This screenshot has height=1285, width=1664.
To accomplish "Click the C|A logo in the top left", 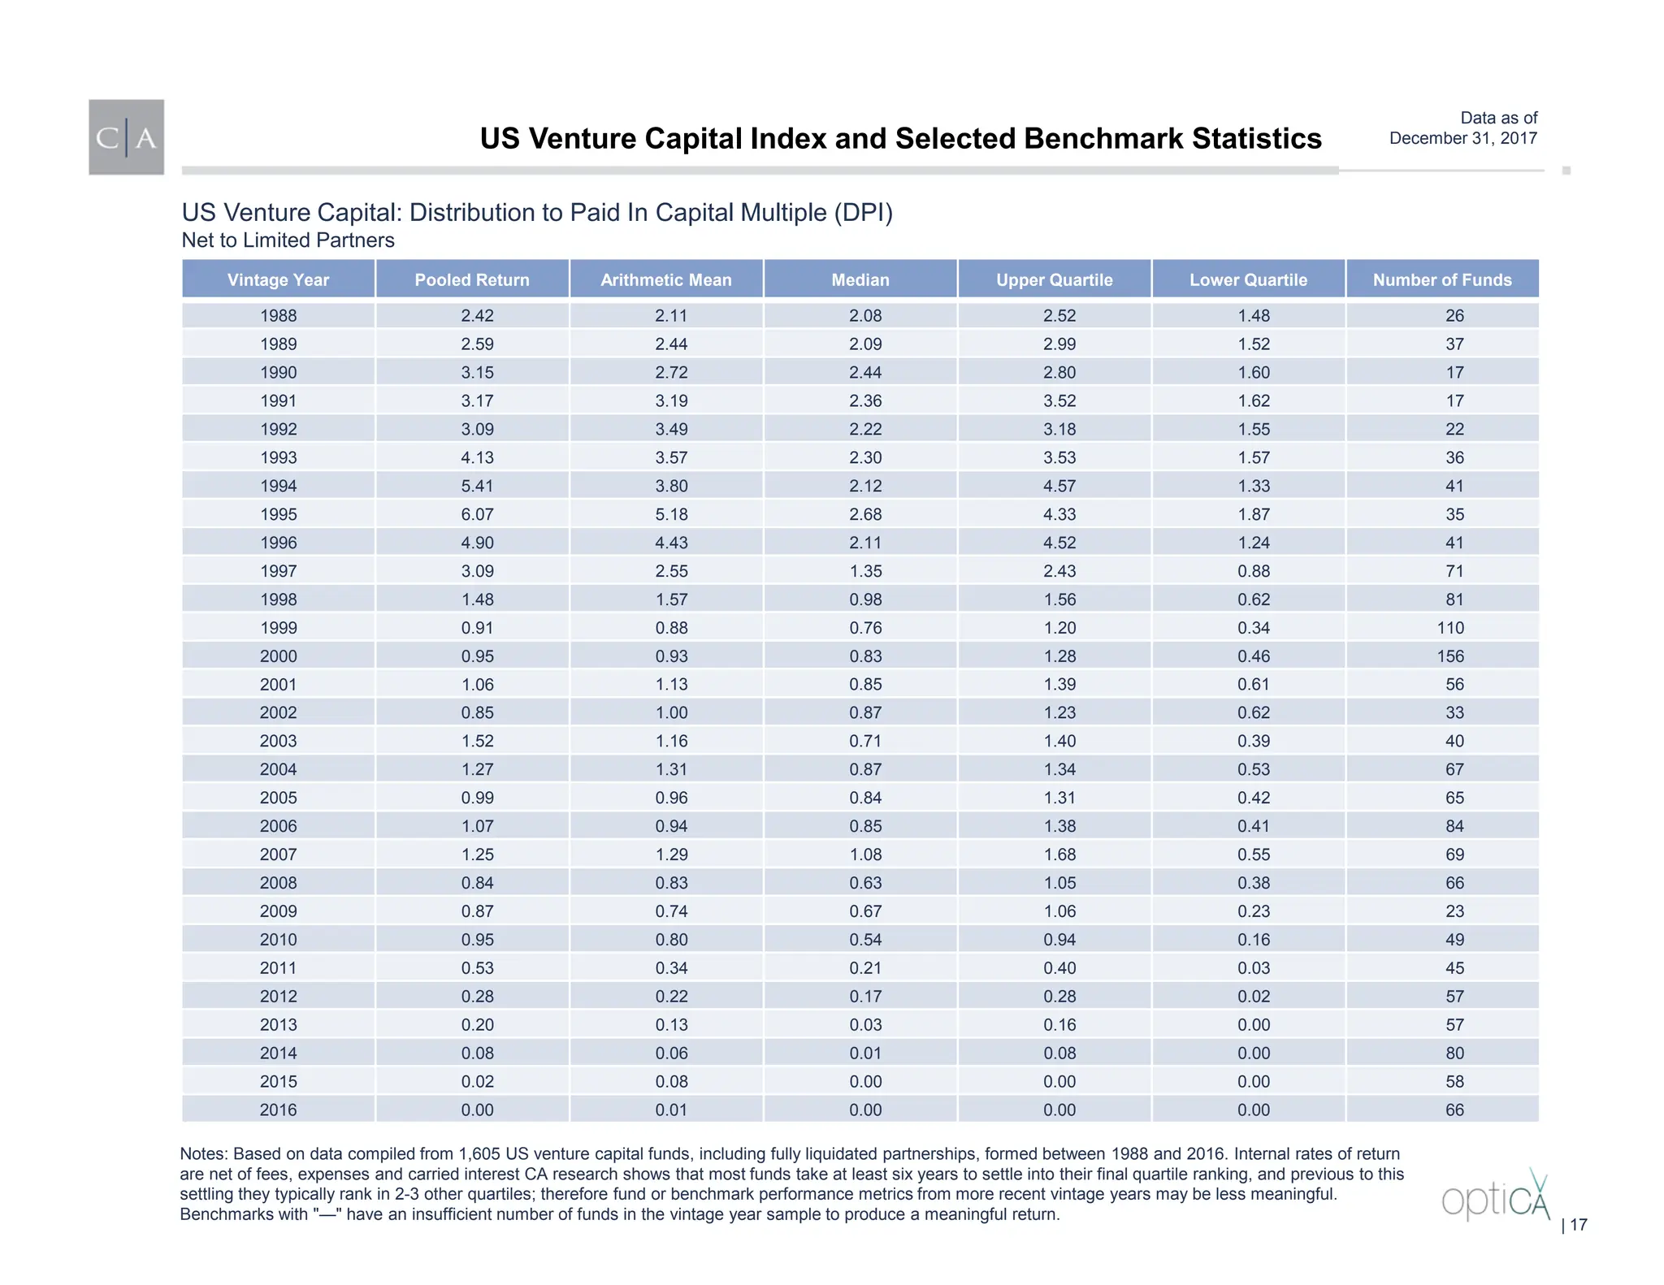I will pos(126,137).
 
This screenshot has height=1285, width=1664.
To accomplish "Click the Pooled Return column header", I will pos(472,279).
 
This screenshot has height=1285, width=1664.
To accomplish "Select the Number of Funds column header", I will pos(1442,279).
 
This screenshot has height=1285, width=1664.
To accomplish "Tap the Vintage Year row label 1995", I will pos(278,514).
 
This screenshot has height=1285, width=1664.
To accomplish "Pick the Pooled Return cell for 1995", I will pos(477,514).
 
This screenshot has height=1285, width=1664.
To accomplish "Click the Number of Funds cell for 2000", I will pos(1450,655).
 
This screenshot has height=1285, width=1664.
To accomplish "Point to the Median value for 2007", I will pos(865,855).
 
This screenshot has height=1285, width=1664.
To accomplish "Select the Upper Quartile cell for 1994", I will pos(1059,486).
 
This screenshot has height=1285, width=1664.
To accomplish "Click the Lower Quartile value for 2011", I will pos(1254,967).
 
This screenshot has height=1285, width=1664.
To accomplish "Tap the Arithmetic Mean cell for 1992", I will pos(671,429).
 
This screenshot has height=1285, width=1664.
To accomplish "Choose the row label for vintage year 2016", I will pos(278,1110).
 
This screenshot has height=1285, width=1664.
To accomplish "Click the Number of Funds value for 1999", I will pos(1450,628).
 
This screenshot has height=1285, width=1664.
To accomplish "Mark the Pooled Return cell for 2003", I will pos(477,741).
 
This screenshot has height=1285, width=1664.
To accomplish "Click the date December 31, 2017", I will pos(1462,138).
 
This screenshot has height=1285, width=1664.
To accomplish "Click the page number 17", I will pos(1578,1225).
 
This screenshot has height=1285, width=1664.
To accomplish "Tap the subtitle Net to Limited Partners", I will pos(288,240).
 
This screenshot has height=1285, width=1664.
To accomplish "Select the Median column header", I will pos(860,279).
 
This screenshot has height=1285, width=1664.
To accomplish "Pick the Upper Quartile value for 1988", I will pos(1059,315).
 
